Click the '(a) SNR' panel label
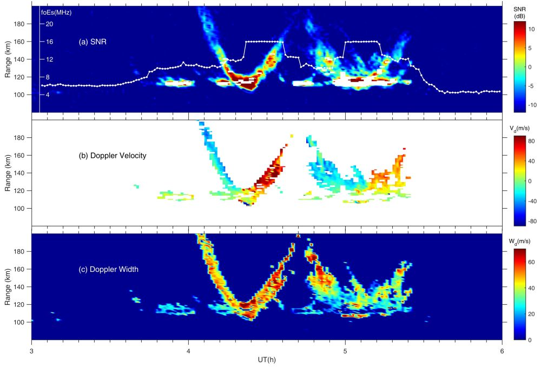[x=92, y=42]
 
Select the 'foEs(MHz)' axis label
[x=56, y=11]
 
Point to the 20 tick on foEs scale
[x=49, y=24]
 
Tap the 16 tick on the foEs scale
[x=49, y=42]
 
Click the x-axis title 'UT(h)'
[x=267, y=359]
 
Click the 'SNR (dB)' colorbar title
[x=520, y=12]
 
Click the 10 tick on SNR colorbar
[x=531, y=30]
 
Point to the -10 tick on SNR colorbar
[x=532, y=102]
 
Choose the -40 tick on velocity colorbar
[x=532, y=201]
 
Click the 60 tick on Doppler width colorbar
[x=531, y=262]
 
